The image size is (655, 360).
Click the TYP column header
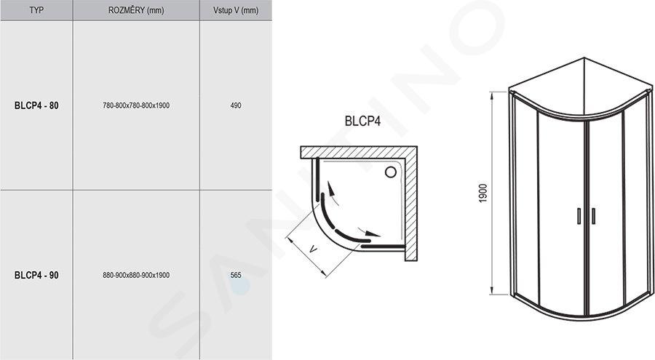coord(36,10)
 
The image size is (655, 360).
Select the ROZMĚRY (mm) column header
coord(136,10)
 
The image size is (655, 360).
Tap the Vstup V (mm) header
coord(236,10)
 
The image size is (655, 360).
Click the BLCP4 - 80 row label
coord(36,105)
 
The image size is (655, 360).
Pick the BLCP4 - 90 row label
coord(36,275)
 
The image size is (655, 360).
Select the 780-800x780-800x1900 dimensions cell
coord(136,105)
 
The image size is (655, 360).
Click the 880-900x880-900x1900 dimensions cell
coord(136,275)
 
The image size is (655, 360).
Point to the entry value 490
coord(236,105)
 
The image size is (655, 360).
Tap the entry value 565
coord(236,275)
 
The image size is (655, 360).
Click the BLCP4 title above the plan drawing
coord(362,121)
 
